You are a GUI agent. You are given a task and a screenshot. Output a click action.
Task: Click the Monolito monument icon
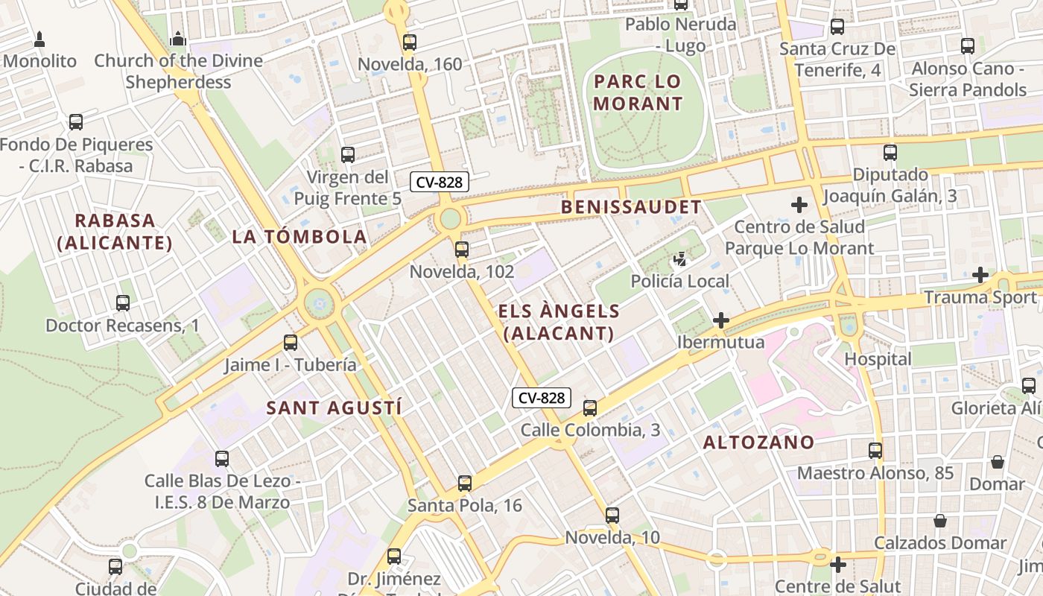tap(39, 39)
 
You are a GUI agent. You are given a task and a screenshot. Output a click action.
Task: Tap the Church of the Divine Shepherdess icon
tap(178, 38)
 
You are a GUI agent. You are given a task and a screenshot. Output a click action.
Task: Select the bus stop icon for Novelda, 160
tap(409, 42)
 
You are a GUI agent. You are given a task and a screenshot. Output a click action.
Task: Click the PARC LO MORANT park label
tap(638, 92)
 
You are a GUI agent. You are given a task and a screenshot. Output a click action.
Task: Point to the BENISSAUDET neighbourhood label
tap(631, 207)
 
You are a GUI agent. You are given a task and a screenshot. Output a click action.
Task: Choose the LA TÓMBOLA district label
tap(299, 237)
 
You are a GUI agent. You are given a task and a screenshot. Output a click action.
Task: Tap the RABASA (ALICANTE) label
tap(115, 232)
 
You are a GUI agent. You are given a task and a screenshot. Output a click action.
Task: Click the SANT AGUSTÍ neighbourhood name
tap(334, 408)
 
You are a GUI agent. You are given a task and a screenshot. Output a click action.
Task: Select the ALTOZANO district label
tap(759, 443)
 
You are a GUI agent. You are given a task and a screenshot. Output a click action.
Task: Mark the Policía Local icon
tap(680, 260)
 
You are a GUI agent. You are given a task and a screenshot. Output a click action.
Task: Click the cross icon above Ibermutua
tap(720, 321)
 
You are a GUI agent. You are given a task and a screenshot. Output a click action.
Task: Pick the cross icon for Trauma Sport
tap(980, 276)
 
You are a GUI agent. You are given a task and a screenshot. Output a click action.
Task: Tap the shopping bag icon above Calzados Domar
tap(940, 521)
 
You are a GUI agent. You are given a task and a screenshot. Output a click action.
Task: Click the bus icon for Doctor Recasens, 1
tap(123, 303)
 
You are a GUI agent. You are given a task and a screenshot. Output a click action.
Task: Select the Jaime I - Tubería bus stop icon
tap(291, 343)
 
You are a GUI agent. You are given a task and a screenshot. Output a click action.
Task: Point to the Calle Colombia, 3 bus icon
tap(590, 408)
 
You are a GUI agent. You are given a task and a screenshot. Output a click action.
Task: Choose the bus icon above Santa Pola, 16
tap(465, 484)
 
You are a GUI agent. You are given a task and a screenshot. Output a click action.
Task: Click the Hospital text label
tap(878, 359)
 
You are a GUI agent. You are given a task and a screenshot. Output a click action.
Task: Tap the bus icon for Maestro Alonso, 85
tap(875, 451)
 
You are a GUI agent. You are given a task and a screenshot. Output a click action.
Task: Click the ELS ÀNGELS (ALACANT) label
tap(559, 322)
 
